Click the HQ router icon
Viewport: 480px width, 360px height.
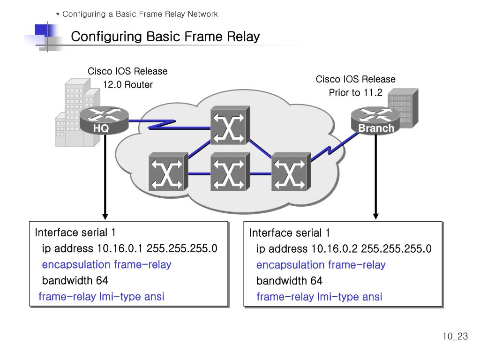click(x=104, y=120)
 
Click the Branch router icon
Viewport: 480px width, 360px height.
click(x=375, y=120)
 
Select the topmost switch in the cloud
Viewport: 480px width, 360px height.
click(x=230, y=125)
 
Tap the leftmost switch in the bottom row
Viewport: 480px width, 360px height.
click(x=168, y=172)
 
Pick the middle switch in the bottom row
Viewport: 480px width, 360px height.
click(x=230, y=172)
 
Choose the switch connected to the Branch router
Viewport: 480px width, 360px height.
click(x=291, y=172)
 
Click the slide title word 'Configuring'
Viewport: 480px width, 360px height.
click(x=106, y=37)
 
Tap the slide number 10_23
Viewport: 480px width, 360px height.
click(x=455, y=336)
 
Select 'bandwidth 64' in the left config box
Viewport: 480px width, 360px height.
click(x=75, y=280)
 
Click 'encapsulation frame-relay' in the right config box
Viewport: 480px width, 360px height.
click(x=321, y=265)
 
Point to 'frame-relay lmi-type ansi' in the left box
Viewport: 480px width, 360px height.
click(x=101, y=296)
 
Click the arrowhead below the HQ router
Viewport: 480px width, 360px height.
click(x=105, y=217)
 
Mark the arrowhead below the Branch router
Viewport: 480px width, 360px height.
click(x=376, y=216)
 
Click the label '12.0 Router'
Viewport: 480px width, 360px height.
click(x=127, y=84)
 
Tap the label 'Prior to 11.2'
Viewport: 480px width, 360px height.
click(x=355, y=92)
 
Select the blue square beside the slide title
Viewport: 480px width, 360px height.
click(x=41, y=30)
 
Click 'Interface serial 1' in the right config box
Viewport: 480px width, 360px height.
click(x=289, y=233)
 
